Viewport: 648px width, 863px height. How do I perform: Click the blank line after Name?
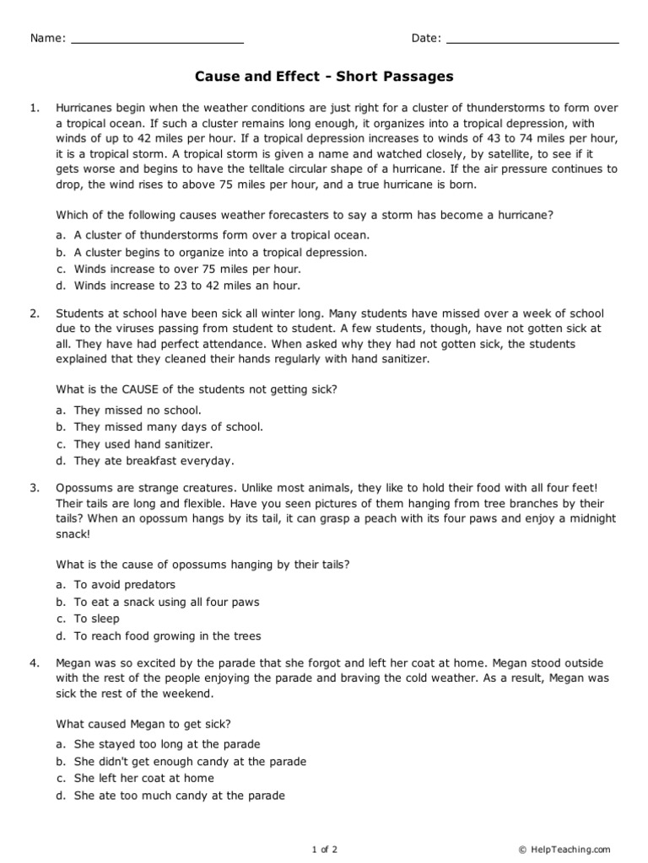157,40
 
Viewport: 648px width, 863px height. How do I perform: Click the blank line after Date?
532,40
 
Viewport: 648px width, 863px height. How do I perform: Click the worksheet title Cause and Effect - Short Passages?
324,77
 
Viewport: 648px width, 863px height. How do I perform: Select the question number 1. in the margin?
35,108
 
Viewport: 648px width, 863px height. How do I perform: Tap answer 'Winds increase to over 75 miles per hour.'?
186,269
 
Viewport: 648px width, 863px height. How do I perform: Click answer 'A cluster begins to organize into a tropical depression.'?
220,252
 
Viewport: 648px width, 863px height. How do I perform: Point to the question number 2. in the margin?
35,314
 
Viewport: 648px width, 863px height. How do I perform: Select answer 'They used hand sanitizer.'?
143,444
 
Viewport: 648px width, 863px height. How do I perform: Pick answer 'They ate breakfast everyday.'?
154,461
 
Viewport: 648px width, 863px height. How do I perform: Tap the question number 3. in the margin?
35,488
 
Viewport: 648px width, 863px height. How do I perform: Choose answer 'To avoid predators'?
124,585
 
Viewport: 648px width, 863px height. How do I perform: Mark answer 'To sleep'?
96,619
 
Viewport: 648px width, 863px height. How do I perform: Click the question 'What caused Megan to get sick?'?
143,723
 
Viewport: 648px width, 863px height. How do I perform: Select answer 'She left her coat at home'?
143,778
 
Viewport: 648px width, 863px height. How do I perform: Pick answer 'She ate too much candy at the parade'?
179,795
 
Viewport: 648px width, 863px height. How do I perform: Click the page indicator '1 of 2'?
324,850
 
